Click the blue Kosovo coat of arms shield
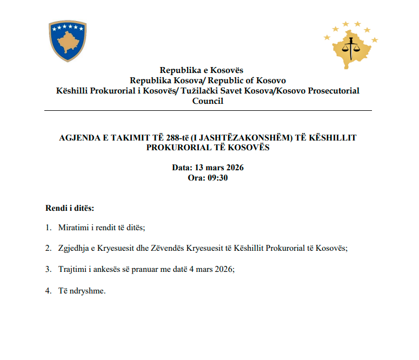click(x=68, y=41)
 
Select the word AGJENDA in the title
click(x=78, y=138)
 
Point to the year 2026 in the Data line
click(x=234, y=168)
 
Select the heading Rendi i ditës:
click(x=70, y=208)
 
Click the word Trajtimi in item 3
click(x=74, y=269)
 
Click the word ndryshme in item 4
click(x=88, y=290)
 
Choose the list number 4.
click(x=48, y=290)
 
